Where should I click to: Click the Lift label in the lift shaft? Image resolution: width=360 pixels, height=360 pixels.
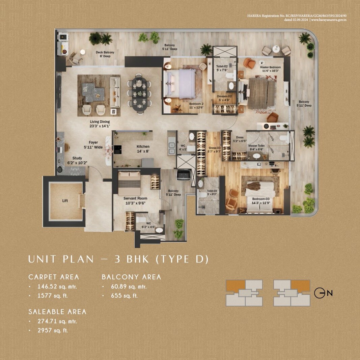coord(65,201)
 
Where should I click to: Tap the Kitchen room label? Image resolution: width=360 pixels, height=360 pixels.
coord(143,147)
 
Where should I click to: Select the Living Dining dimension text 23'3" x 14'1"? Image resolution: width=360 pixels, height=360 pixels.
coord(100,126)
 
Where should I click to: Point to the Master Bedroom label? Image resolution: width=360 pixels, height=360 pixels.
coord(270,67)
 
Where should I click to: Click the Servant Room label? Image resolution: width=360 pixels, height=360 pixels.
coord(135,198)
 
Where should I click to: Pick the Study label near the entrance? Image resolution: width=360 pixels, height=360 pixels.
coord(77,158)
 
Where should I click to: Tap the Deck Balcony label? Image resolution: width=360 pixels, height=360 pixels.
coord(105,53)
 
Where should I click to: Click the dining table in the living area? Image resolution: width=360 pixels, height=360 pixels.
coord(140,93)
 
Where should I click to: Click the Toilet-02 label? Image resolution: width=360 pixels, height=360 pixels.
coord(222,67)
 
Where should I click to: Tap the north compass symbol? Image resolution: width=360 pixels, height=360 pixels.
coord(320,293)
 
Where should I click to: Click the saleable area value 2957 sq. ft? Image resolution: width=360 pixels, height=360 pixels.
coord(53,330)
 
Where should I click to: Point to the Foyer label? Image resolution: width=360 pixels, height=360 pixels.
coord(93,143)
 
